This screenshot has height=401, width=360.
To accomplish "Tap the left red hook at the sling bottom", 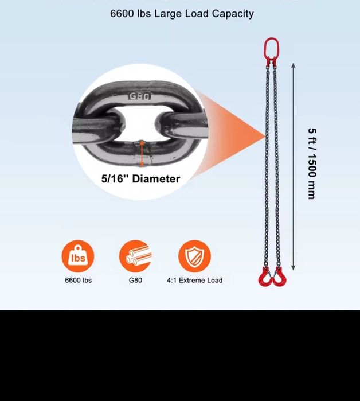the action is point(264,281).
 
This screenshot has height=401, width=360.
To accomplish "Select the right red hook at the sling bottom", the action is point(280,281).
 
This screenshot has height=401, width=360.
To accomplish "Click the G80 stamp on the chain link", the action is point(139,96).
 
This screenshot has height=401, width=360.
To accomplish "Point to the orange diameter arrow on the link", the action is point(142,153).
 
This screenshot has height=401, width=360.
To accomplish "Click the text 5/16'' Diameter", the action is point(141,178).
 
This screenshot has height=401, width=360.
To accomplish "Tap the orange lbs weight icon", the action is point(78,256).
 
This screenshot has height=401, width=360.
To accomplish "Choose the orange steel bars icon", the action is point(135,256).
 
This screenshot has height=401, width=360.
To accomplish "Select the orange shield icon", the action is point(194,256).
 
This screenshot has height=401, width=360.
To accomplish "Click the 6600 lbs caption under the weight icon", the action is point(78,280).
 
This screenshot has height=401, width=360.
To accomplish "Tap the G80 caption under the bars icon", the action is point(135,280).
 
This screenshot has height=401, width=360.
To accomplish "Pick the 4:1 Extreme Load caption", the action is point(195,280).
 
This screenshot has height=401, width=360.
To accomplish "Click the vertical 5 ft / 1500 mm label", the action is point(312,163).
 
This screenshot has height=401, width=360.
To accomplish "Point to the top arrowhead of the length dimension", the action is point(294,65).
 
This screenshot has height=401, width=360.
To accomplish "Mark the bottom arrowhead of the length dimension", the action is point(294,268).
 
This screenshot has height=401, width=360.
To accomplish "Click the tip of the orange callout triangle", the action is point(266,136).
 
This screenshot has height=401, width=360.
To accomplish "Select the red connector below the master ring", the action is point(271,61).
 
